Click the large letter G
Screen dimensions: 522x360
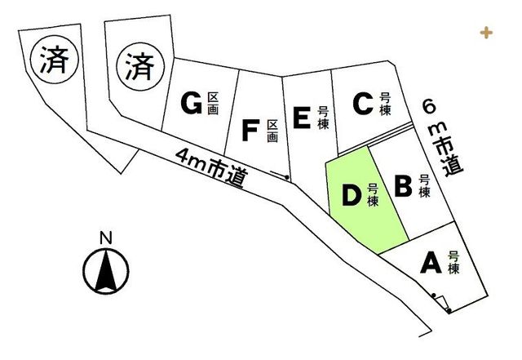pos(192,103)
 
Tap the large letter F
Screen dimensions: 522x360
pos(250,131)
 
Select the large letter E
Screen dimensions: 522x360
pos(302,118)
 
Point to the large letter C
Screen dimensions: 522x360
pos(362,104)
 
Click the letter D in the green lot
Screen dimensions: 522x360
pos(352,195)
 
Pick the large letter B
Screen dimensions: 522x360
pos(403,186)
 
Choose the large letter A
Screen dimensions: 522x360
pos(431,262)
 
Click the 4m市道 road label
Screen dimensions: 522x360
pos(212,167)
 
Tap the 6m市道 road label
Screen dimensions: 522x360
pos(442,138)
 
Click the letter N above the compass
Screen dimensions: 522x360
pos(106,238)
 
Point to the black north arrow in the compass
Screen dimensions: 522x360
pos(106,270)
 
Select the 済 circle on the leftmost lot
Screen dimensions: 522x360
pos(55,60)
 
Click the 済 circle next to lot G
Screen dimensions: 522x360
pos(140,67)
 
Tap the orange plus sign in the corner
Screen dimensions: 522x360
pos(486,33)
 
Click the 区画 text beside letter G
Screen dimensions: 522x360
pos(213,104)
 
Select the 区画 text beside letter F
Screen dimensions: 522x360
pos(272,131)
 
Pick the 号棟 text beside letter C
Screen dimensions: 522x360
pos(386,104)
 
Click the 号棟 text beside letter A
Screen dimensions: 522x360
pos(453,263)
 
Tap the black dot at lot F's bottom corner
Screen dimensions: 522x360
pos(286,177)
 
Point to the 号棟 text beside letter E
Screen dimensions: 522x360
pos(323,118)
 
